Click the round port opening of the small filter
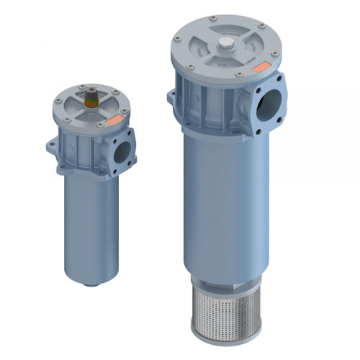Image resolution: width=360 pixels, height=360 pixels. [123, 151]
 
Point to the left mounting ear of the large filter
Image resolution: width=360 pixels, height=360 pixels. [171, 96]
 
